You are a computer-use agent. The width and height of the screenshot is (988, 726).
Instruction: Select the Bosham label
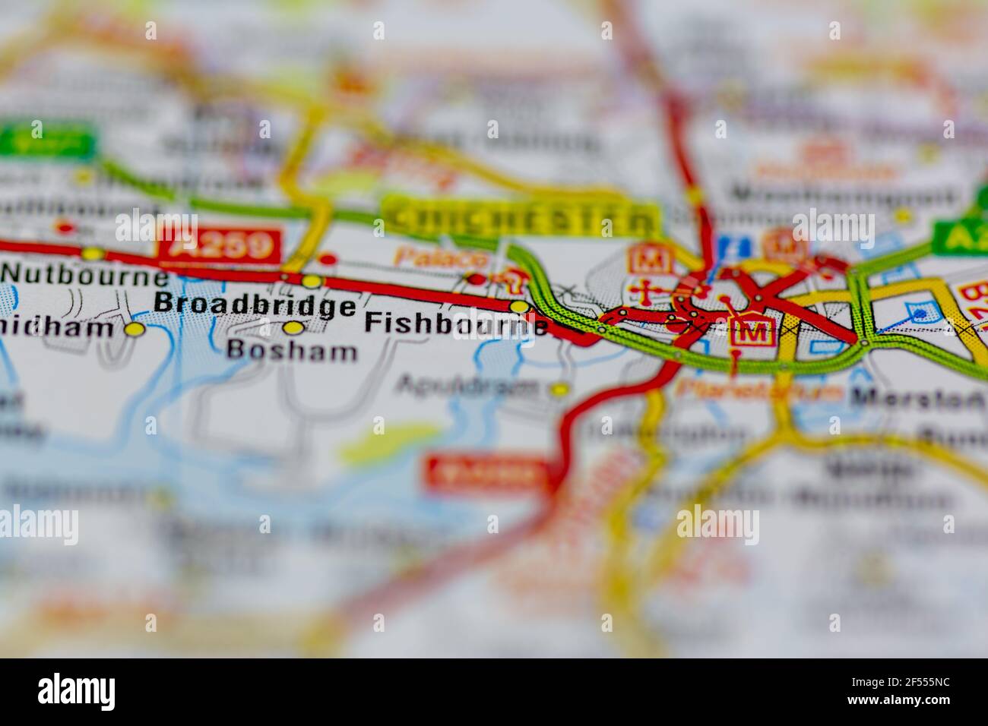292,351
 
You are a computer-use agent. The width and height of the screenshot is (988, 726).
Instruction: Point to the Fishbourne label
455,324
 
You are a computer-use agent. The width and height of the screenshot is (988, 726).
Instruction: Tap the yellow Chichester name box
519,219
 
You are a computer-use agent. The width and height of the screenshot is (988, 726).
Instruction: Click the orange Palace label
429,257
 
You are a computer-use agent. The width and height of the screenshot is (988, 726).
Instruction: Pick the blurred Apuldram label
467,387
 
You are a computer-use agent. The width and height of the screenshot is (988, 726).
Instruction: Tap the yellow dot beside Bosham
293,328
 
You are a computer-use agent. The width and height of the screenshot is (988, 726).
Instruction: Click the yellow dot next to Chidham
135,330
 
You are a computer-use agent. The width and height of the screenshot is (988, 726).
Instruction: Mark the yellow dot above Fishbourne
519,306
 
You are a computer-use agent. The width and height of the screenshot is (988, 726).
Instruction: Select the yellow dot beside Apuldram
560,390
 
